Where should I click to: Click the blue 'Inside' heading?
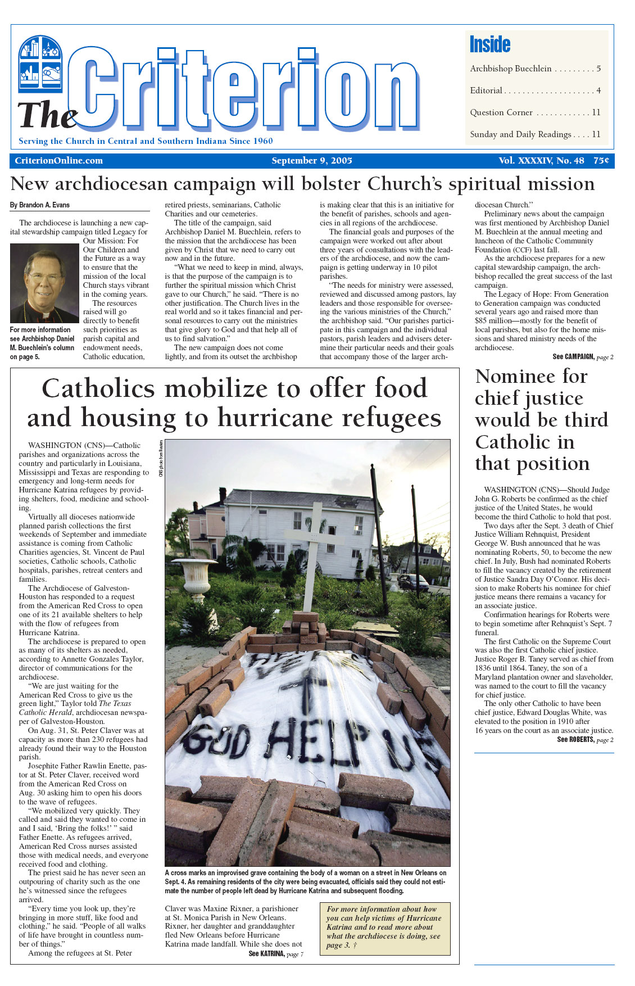click(489, 44)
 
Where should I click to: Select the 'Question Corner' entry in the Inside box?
click(501, 112)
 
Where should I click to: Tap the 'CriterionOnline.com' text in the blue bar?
click(59, 161)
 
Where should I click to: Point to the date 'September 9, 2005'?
click(312, 161)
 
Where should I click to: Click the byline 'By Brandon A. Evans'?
click(40, 205)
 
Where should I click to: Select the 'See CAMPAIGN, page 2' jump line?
click(583, 357)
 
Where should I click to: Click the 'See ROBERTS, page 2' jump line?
click(585, 740)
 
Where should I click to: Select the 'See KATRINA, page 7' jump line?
click(276, 954)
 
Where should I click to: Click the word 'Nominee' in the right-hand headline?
click(531, 376)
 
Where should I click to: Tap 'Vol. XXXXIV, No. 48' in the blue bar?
click(541, 161)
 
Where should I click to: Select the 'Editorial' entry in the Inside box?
click(486, 91)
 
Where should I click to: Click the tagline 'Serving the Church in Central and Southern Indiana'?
click(146, 141)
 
